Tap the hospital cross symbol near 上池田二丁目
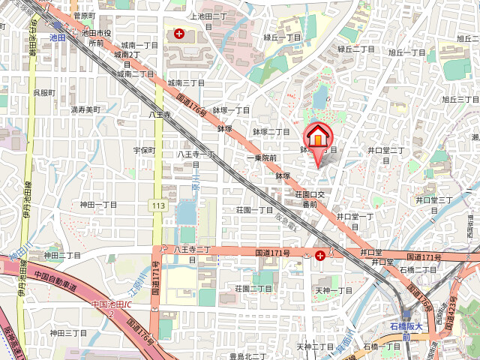click(x=179, y=34)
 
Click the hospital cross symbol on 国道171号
click(x=320, y=256)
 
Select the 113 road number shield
click(x=158, y=205)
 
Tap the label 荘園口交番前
click(x=309, y=199)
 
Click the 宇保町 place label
click(x=144, y=150)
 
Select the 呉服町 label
click(x=43, y=92)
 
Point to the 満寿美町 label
click(x=85, y=109)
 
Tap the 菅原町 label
click(x=84, y=15)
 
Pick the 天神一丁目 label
click(x=333, y=290)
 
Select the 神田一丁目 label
click(x=99, y=204)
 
